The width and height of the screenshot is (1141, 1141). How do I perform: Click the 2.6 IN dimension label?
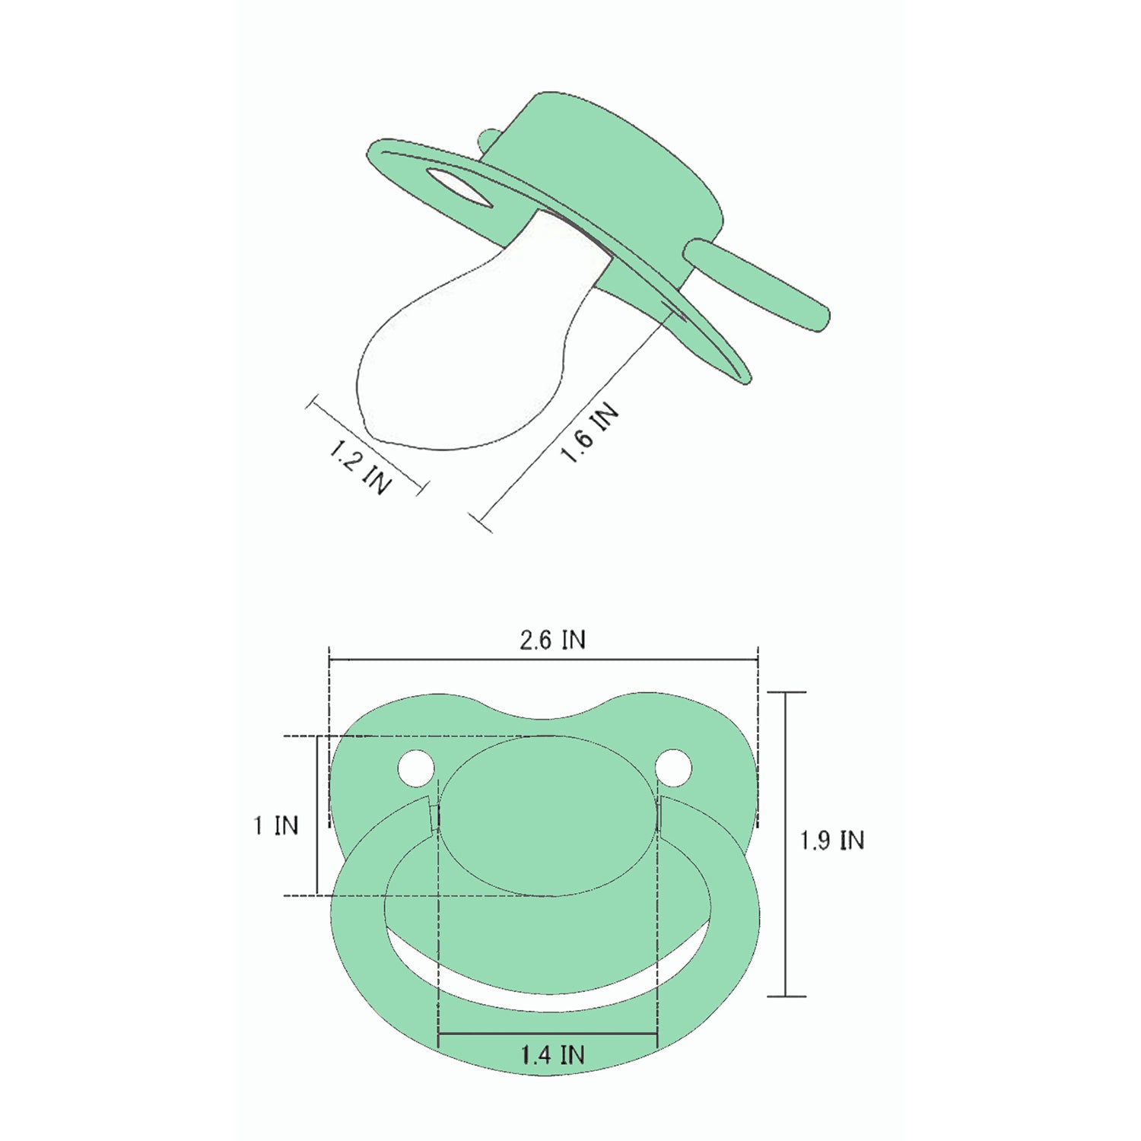[553, 640]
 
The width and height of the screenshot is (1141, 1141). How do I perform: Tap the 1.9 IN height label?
[832, 841]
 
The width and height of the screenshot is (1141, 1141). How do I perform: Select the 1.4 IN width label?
[552, 1055]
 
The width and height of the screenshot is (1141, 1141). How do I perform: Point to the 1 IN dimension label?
[276, 825]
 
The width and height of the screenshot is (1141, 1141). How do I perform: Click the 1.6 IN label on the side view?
[590, 433]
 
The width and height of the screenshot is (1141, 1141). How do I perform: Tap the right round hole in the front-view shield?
[674, 768]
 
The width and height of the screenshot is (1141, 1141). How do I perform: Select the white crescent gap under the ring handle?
[548, 981]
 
